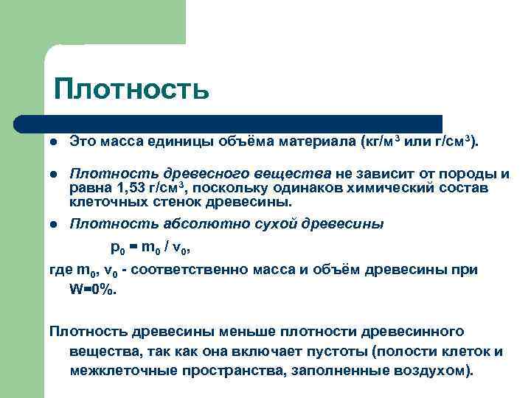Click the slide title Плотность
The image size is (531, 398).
coord(131,90)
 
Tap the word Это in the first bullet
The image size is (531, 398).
coord(83,140)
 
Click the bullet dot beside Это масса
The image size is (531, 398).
coord(55,141)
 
